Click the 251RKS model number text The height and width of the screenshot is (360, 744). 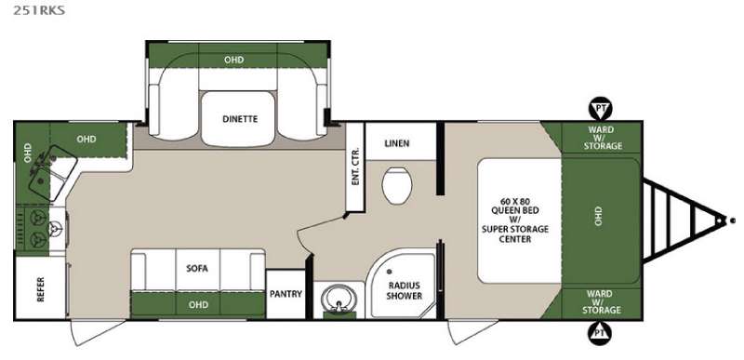click(38, 10)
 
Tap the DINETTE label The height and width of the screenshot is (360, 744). click(240, 119)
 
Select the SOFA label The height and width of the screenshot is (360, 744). click(197, 269)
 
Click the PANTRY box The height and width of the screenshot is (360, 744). click(286, 294)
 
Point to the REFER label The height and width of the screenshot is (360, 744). click(41, 289)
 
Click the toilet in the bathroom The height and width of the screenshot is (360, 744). click(397, 185)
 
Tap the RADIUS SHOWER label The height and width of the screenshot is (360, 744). click(404, 290)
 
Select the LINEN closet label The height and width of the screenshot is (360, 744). click(397, 143)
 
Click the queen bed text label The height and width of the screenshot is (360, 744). click(515, 220)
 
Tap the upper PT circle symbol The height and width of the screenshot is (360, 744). click(601, 109)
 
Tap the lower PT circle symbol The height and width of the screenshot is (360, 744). click(600, 332)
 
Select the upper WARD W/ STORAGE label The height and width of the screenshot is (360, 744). click(603, 138)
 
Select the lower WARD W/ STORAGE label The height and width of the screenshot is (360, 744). click(602, 301)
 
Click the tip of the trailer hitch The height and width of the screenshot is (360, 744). click(724, 220)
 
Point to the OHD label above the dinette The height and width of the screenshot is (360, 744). click(234, 60)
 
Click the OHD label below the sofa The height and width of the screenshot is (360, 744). click(198, 304)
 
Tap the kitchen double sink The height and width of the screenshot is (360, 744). click(53, 173)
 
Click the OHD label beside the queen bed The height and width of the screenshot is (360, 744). click(597, 216)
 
